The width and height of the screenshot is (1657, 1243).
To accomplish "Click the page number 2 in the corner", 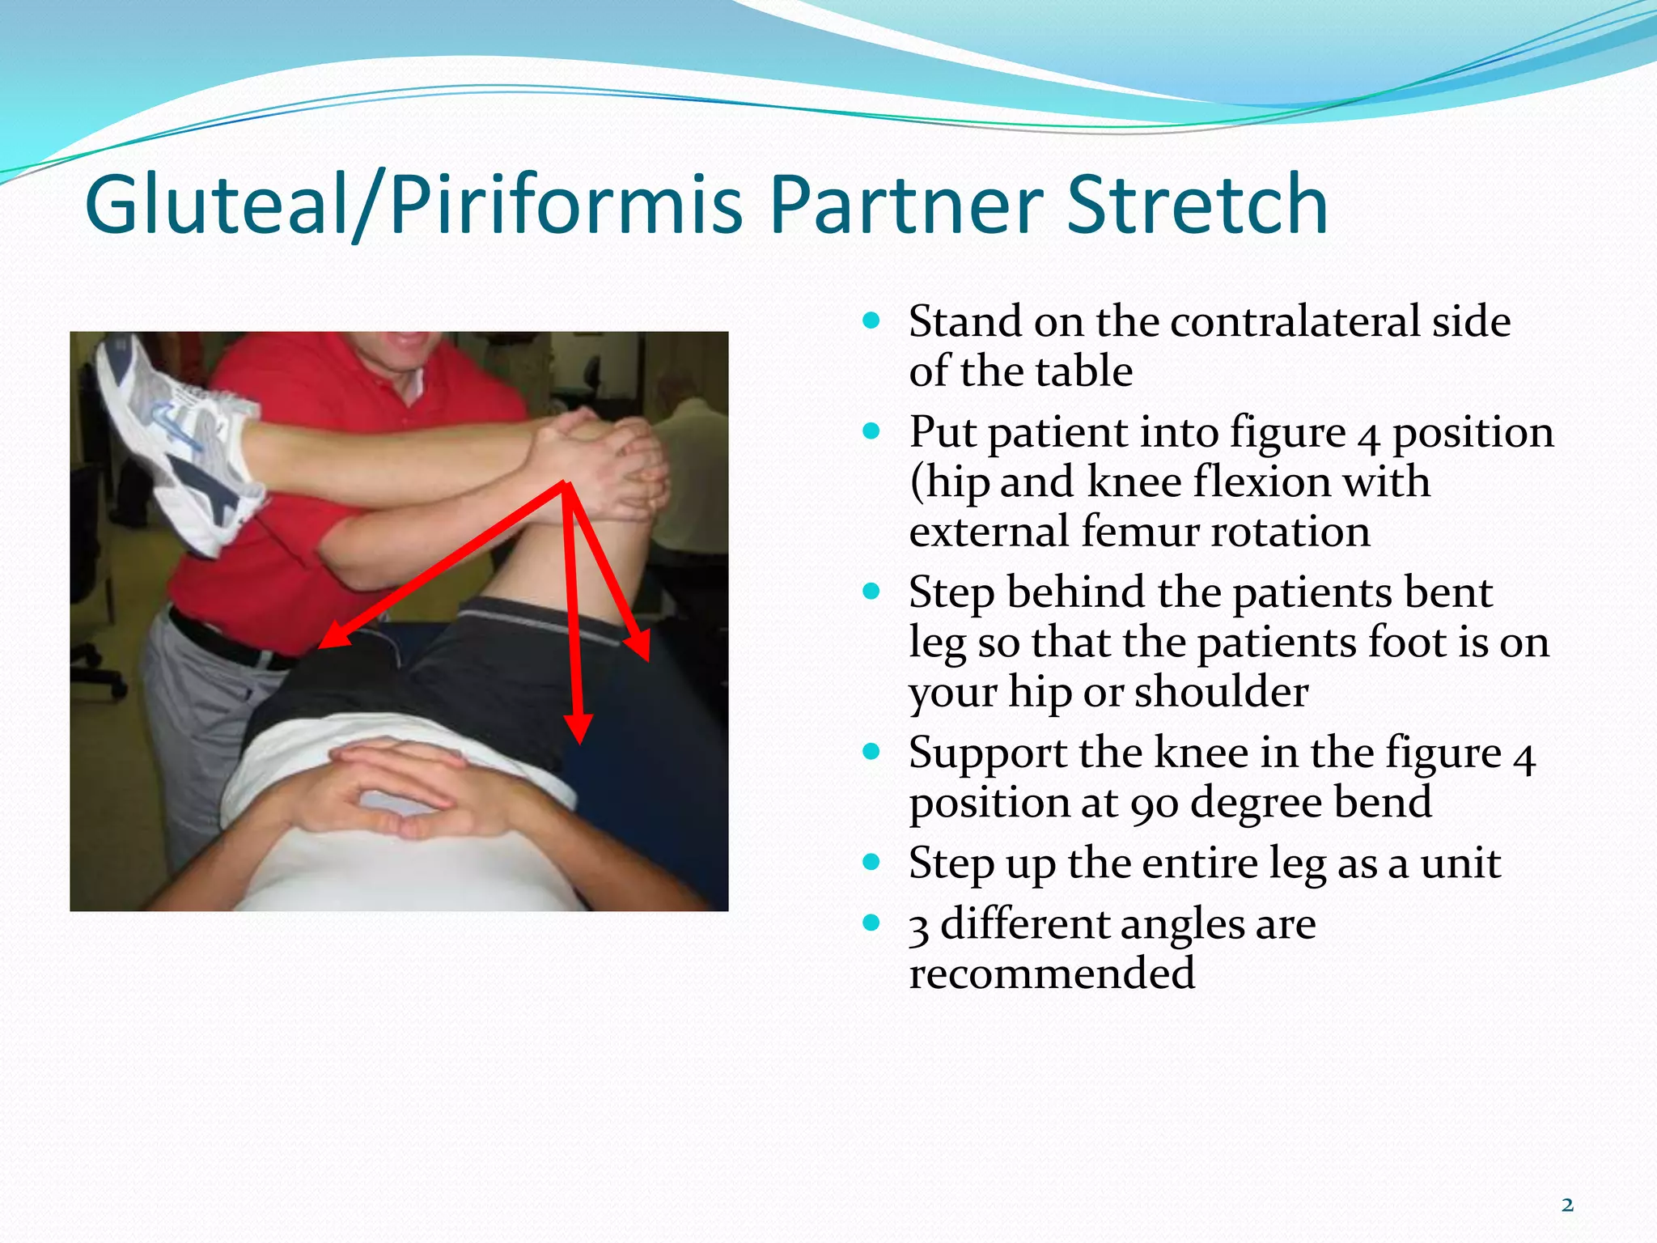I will tap(1567, 1205).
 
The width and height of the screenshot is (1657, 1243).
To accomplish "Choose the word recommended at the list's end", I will tap(1051, 973).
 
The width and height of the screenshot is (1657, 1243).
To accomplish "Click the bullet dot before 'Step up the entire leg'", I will tap(871, 861).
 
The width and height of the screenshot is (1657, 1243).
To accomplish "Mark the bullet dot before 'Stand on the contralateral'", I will tap(871, 320).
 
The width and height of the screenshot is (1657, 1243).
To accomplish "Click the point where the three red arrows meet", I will tap(566, 486).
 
